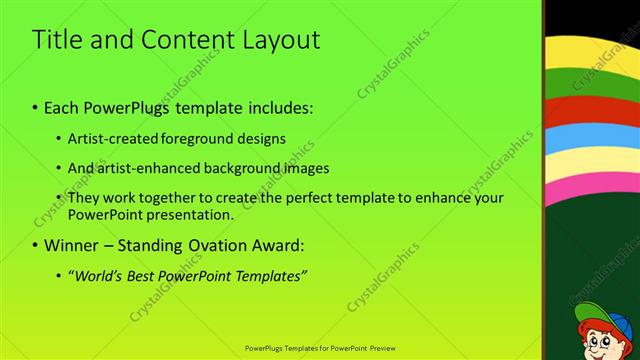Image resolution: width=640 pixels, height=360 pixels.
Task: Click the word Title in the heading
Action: [56, 40]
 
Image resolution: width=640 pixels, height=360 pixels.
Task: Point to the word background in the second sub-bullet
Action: [233, 168]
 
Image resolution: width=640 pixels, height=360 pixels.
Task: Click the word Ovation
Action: [211, 245]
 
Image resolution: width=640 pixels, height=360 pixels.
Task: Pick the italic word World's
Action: [99, 275]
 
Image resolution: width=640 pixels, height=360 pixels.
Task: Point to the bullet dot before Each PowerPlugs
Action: [35, 106]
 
